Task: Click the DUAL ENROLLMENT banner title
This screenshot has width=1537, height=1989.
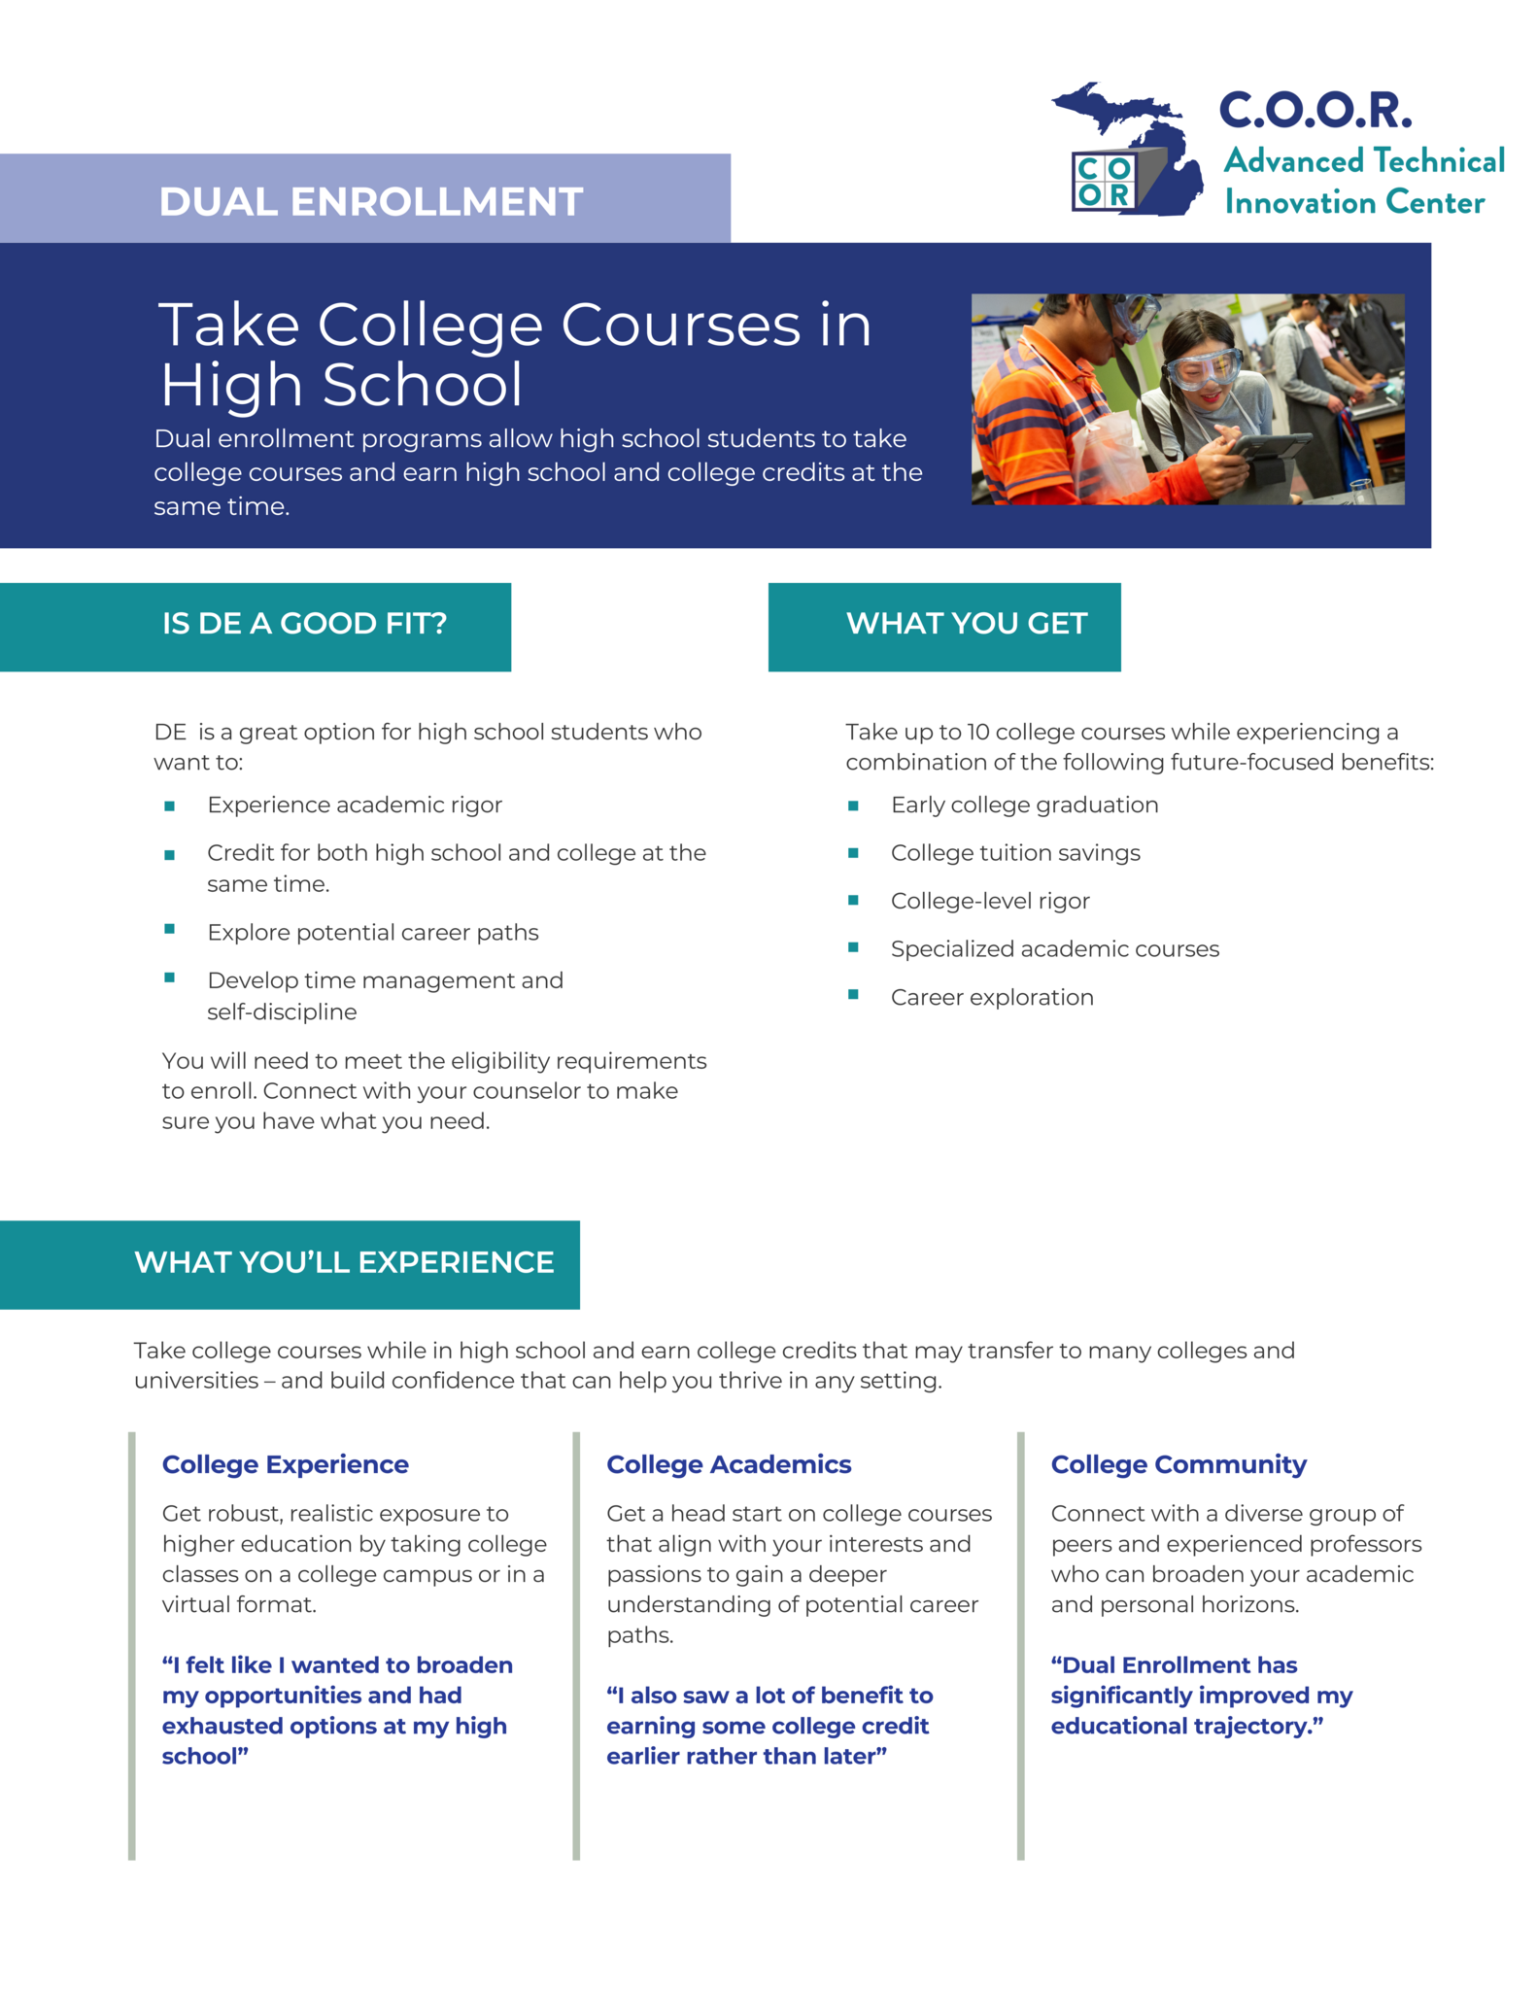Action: pyautogui.click(x=370, y=202)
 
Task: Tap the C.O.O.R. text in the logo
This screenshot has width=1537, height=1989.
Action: pyautogui.click(x=1315, y=111)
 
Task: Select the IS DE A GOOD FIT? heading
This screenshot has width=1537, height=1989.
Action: pyautogui.click(x=304, y=624)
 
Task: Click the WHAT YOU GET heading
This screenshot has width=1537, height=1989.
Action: pyautogui.click(x=966, y=624)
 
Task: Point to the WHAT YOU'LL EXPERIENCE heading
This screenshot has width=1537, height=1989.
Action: pyautogui.click(x=344, y=1262)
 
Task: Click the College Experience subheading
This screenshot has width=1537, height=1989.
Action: pyautogui.click(x=285, y=1464)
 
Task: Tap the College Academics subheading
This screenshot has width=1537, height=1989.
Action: pyautogui.click(x=729, y=1464)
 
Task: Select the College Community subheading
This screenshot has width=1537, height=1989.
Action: pyautogui.click(x=1178, y=1464)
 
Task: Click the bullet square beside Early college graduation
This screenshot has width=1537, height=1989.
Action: pyautogui.click(x=853, y=806)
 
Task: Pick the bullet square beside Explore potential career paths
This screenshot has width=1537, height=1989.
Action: pyautogui.click(x=170, y=930)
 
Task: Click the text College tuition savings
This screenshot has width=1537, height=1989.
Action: pyautogui.click(x=1015, y=853)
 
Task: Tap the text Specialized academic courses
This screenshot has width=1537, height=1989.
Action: pyautogui.click(x=1054, y=949)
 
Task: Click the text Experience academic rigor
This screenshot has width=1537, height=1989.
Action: pyautogui.click(x=355, y=806)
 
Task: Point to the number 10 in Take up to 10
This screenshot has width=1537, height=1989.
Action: pyautogui.click(x=978, y=733)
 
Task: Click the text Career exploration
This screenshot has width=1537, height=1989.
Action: pyautogui.click(x=992, y=998)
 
